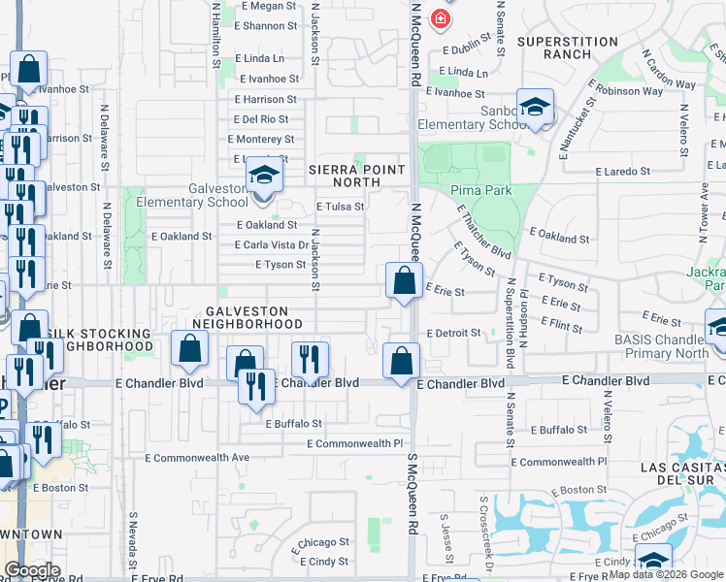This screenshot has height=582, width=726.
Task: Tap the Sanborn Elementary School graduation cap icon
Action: [x=535, y=109]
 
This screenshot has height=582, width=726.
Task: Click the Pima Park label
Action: [x=480, y=190]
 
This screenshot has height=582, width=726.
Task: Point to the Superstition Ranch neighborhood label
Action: [x=568, y=48]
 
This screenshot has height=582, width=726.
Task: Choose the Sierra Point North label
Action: [x=356, y=176]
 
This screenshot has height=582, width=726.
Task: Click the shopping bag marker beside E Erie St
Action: [x=403, y=281]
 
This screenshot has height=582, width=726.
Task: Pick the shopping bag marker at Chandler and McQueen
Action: [x=401, y=362]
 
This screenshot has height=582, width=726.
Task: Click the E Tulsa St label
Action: [x=341, y=206]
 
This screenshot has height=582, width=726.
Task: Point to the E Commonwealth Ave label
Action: [x=197, y=457]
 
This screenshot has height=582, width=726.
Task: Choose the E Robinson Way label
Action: [x=631, y=91]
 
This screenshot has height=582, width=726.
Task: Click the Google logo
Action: [x=32, y=570]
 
